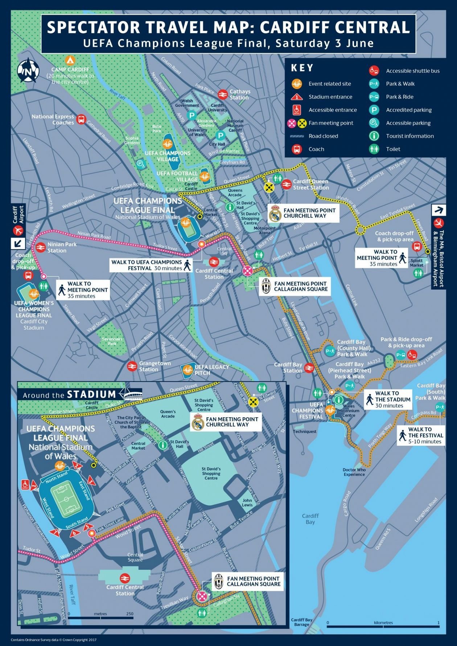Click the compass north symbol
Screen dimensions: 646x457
28,70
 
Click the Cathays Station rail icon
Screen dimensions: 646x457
223,94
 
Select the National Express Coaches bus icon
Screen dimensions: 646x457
81,119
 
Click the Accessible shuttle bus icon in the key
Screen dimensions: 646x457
374,71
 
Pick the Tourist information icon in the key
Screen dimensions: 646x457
374,136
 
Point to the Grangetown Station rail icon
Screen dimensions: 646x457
132,366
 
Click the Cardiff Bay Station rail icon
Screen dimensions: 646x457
309,368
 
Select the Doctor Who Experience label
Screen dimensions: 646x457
354,472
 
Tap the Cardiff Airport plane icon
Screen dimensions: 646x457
18,231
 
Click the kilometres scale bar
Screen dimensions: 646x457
383,626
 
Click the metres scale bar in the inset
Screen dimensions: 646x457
100,617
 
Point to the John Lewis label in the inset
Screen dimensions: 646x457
247,502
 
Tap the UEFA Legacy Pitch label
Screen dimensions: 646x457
212,369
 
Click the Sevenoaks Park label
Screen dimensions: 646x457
112,341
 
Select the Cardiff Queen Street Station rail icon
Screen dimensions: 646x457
287,184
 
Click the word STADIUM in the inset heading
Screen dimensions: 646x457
91,394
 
